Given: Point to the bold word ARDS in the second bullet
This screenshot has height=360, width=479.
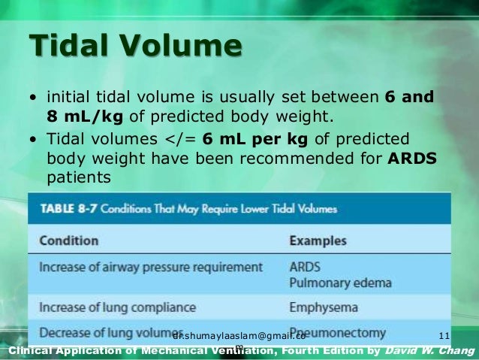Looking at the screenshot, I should click(412, 159).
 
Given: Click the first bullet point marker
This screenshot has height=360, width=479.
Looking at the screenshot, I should click(36, 98).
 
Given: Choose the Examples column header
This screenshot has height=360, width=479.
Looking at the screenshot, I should click(318, 241).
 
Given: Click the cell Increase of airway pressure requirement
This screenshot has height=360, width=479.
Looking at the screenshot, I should click(150, 267).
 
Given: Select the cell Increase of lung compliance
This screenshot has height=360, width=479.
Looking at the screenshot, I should click(117, 307).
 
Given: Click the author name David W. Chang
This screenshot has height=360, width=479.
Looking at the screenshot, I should click(429, 352).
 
